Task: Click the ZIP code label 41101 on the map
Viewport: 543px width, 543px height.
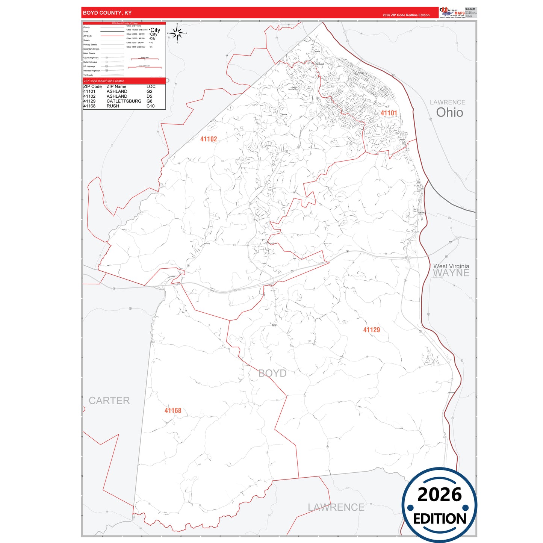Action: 389,113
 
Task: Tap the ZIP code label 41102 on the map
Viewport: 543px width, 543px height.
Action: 209,139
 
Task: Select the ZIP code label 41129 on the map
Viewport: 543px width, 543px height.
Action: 371,330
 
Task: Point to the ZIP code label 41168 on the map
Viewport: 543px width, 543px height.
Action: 173,411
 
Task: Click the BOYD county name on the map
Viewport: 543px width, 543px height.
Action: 272,373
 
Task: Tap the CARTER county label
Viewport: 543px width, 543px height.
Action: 109,401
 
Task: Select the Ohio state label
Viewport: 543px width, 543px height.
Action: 449,112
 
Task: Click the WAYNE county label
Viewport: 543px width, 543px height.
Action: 451,273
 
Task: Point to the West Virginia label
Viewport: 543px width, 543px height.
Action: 451,266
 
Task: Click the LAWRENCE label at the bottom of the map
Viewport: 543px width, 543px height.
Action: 336,507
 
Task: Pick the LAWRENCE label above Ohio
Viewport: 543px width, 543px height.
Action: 448,102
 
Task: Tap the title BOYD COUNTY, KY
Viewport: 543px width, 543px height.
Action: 107,13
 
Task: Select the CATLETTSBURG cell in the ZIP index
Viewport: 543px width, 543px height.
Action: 124,101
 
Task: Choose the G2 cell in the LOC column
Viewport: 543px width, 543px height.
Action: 150,91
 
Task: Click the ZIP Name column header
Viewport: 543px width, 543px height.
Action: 116,86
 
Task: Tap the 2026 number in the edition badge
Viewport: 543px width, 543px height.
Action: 439,495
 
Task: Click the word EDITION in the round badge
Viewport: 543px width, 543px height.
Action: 440,519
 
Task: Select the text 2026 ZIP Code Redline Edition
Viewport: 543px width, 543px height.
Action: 406,15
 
